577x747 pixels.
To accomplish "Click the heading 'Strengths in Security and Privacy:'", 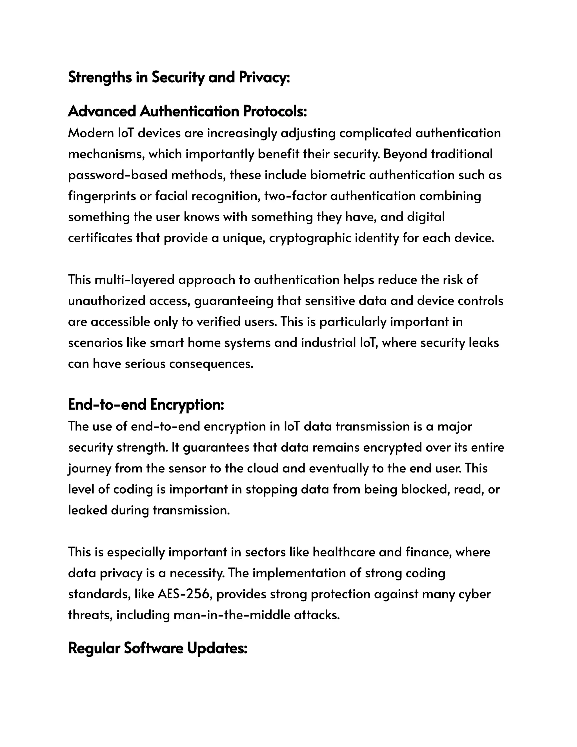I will point(179,77).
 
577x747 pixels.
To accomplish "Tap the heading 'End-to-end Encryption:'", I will point(146,405).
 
